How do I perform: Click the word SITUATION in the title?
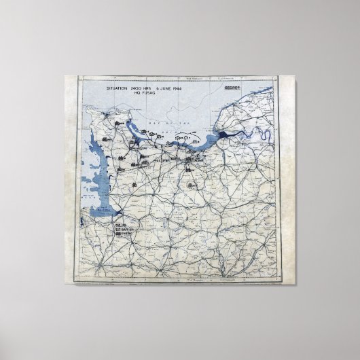point(120,89)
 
